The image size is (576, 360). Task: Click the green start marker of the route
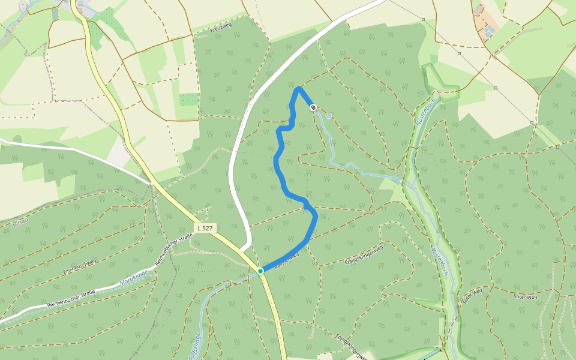click(260, 271)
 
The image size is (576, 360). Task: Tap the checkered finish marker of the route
click(313, 107)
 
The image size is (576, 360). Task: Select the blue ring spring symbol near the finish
click(329, 116)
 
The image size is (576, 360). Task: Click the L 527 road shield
click(205, 228)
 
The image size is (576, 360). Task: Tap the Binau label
click(20, 223)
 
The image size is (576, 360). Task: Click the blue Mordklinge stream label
click(133, 277)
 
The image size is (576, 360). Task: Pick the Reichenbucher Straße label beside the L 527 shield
click(173, 250)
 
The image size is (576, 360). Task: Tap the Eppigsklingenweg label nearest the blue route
click(364, 255)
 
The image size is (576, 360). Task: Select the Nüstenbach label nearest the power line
click(424, 111)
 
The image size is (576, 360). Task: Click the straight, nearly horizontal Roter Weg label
click(525, 296)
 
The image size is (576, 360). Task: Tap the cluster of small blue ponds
click(490, 30)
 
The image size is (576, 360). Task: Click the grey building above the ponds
click(478, 10)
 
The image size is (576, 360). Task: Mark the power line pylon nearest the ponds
click(460, 53)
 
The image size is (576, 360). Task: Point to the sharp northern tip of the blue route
click(298, 89)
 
